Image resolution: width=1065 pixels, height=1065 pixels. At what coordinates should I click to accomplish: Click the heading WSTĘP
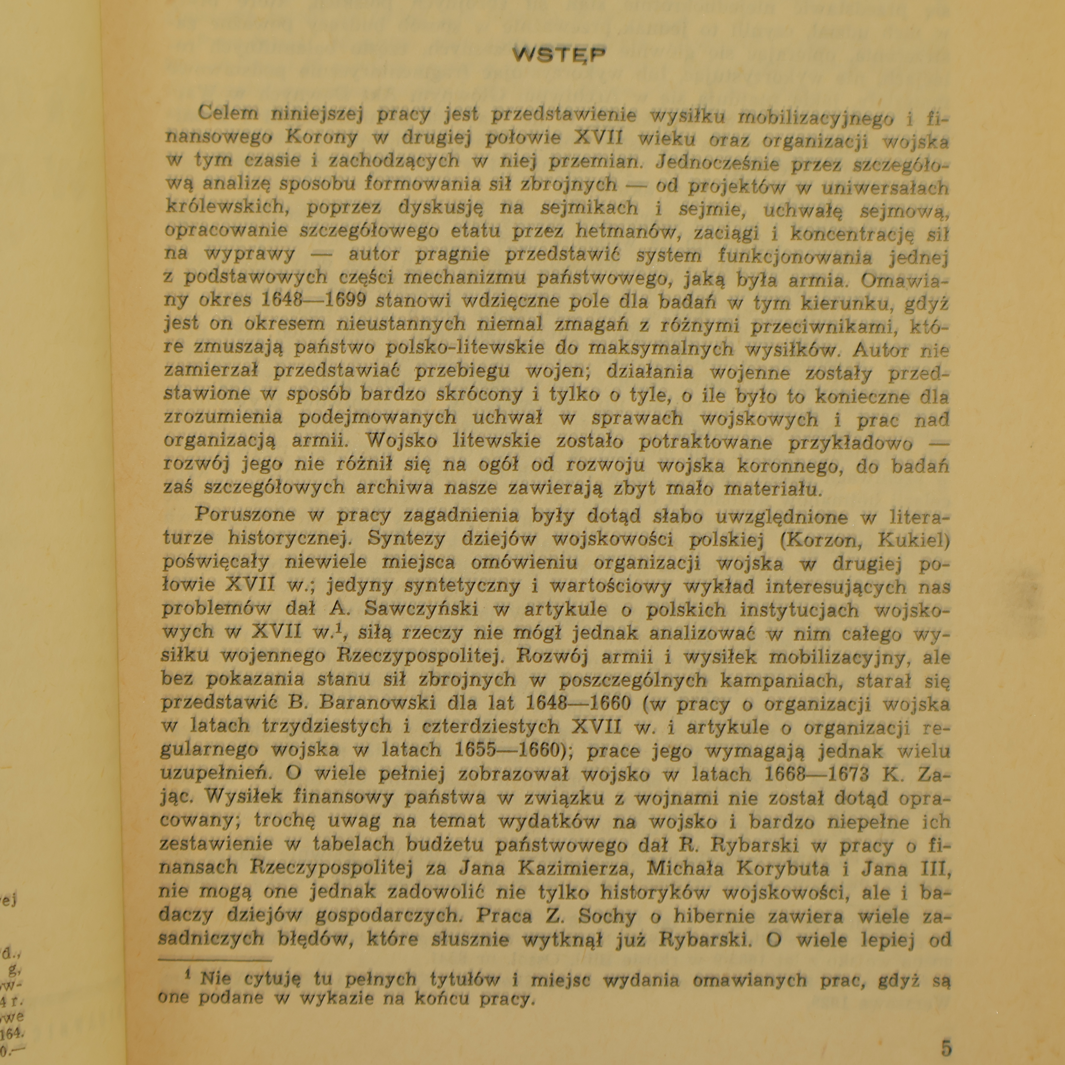[558, 55]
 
